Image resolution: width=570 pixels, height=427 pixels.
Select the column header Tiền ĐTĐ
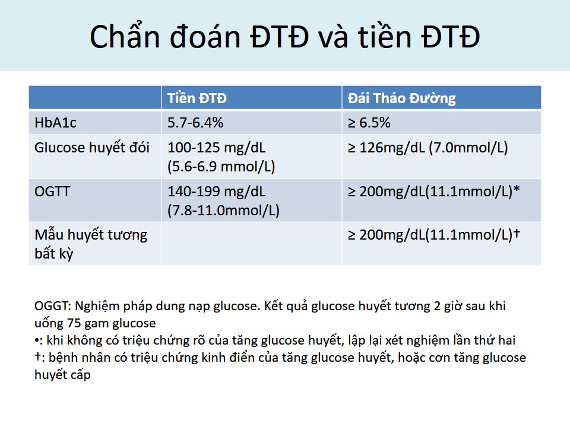click(197, 98)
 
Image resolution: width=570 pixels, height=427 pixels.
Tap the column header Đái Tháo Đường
click(402, 98)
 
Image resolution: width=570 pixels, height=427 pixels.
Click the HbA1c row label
click(55, 123)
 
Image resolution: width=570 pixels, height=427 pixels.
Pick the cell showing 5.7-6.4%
click(195, 123)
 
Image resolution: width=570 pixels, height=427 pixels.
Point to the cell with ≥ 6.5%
click(369, 123)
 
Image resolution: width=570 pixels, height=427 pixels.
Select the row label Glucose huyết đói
click(92, 148)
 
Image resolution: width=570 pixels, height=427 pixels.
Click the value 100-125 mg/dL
click(216, 148)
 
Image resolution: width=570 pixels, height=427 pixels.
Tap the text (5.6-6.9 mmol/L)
click(221, 167)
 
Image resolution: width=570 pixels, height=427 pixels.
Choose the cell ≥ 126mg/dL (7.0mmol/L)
click(428, 148)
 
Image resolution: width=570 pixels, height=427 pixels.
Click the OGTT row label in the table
click(52, 192)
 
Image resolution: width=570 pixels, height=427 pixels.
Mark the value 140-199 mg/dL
click(216, 192)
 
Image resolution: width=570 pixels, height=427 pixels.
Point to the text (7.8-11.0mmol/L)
click(223, 210)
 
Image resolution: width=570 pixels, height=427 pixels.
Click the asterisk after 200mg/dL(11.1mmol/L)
click(516, 189)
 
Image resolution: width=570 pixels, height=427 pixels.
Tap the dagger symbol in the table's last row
click(516, 234)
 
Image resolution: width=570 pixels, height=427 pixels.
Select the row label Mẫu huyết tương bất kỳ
click(91, 244)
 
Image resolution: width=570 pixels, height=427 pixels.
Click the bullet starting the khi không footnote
click(37, 340)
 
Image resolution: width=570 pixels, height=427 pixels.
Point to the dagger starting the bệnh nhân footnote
click(37, 356)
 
